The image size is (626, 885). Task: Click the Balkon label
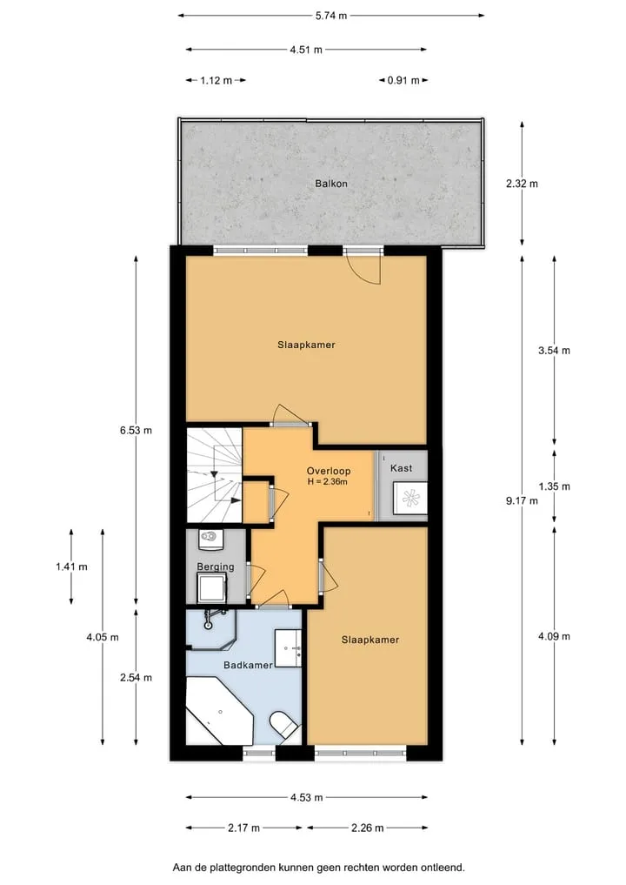(x=331, y=184)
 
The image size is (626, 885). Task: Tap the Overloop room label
(x=329, y=471)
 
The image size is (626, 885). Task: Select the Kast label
(x=401, y=468)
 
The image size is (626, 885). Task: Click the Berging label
(x=216, y=567)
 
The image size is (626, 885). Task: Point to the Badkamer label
(x=248, y=665)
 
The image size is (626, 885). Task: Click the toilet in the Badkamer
(x=283, y=724)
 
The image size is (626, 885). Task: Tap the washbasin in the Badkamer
(x=288, y=648)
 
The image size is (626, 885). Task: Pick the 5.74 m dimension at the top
(x=331, y=16)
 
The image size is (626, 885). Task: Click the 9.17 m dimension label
(x=522, y=500)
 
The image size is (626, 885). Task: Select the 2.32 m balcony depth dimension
(x=522, y=184)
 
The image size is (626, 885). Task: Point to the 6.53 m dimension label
(x=136, y=430)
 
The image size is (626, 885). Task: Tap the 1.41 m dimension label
(x=71, y=567)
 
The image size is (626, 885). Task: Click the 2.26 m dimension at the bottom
(x=367, y=828)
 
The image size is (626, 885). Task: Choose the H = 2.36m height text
(x=327, y=482)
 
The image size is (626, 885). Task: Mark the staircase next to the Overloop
(x=215, y=475)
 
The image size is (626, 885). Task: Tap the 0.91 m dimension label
(x=403, y=80)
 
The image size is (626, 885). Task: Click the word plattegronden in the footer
(x=244, y=868)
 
